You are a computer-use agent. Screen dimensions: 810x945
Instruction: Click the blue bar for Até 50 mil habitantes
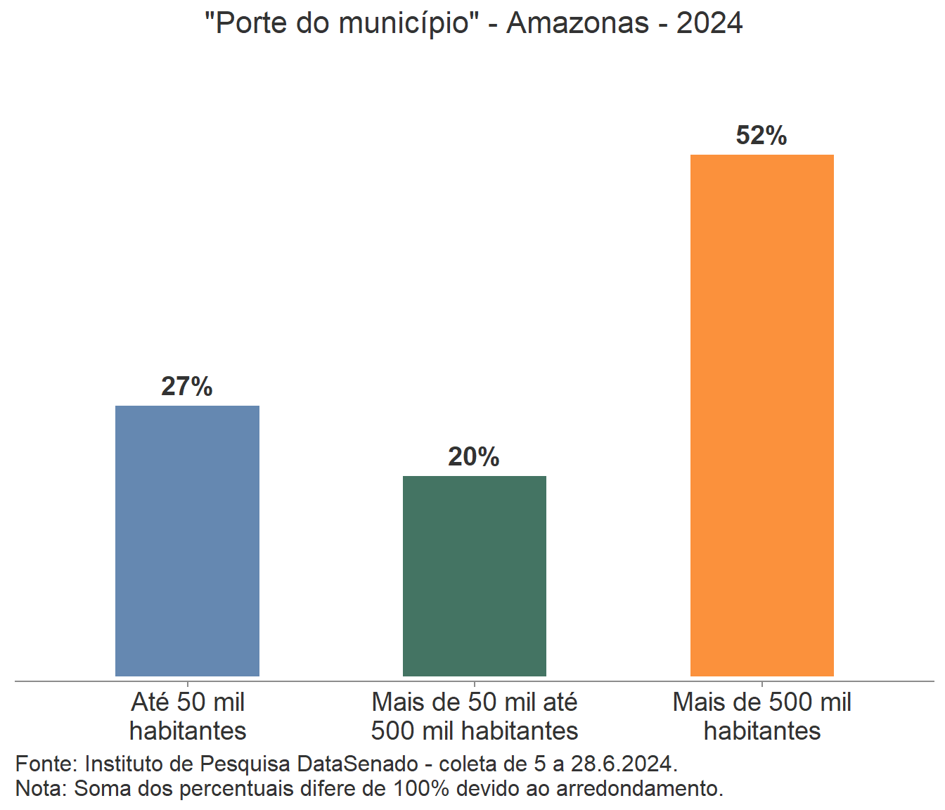click(187, 541)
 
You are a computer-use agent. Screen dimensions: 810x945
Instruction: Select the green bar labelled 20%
click(475, 576)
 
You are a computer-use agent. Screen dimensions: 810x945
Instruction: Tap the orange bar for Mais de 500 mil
click(762, 415)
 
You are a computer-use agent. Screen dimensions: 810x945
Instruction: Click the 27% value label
click(187, 386)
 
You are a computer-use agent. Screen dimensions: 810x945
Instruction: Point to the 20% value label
click(474, 456)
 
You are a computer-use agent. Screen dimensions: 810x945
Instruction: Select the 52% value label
click(761, 135)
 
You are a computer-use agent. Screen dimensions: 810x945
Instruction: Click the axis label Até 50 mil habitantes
click(188, 716)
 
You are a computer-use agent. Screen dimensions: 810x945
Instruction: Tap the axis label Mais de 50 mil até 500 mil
click(475, 716)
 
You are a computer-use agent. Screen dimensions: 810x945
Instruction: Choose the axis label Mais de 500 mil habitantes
click(762, 716)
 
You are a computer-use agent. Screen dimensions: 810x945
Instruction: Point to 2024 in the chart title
click(709, 23)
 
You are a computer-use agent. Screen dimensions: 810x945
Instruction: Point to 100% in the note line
click(420, 788)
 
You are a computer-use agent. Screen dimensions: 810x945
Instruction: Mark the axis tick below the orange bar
click(762, 683)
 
